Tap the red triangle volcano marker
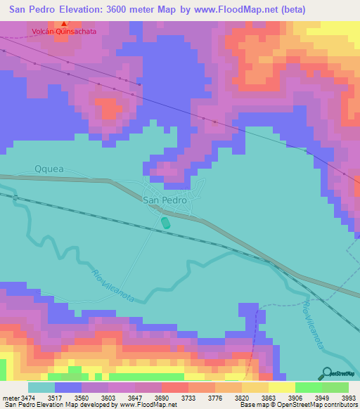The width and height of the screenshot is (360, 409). coord(64,24)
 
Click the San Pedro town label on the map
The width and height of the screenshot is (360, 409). coord(165,200)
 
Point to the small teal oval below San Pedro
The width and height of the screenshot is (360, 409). coord(165,223)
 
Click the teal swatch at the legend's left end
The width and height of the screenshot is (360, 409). coord(41,388)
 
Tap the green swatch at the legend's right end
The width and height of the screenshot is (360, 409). coord(335,388)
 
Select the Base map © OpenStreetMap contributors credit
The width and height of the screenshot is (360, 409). coord(297,404)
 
